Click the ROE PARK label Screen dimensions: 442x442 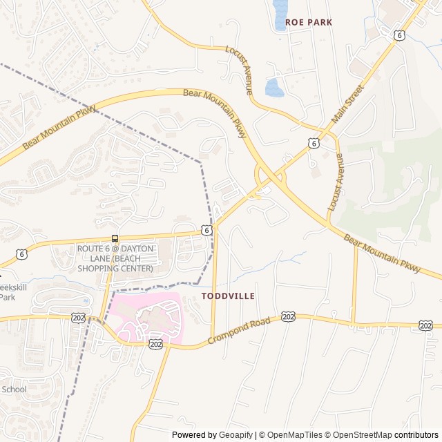click(x=309, y=22)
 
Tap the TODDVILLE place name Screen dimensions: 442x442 click(x=228, y=296)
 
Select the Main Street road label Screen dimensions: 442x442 click(x=347, y=104)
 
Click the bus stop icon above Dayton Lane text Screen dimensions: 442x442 click(x=115, y=239)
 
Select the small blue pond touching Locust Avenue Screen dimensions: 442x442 click(x=274, y=88)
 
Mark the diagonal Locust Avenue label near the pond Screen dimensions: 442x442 click(x=239, y=70)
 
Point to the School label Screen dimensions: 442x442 click(x=14, y=390)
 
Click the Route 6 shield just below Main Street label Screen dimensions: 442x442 click(x=314, y=143)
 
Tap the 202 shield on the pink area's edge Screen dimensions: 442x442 click(x=155, y=343)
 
